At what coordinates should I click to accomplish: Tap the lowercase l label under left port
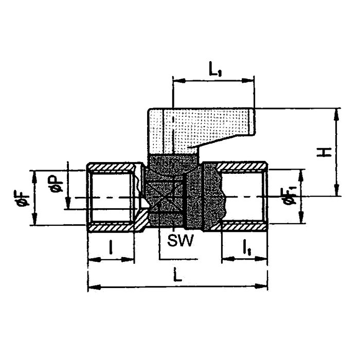111,247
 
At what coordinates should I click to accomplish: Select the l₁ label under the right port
246,248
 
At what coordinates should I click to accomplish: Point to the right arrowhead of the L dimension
261,286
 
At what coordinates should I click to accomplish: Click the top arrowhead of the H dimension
337,114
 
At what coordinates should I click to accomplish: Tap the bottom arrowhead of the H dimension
337,190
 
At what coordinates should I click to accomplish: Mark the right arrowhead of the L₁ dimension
248,80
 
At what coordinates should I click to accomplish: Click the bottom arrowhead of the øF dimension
34,219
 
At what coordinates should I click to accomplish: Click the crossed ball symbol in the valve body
165,197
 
